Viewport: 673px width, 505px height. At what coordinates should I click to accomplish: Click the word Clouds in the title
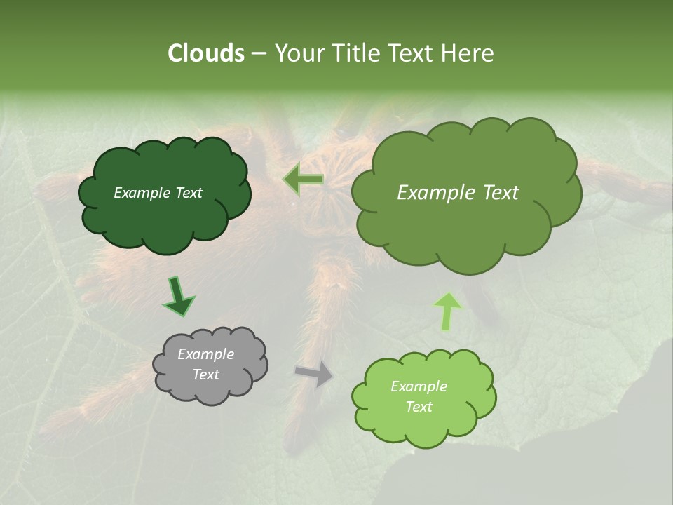point(206,53)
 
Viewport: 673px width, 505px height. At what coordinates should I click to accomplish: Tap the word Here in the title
point(468,53)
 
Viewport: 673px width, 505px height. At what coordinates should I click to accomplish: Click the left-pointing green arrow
point(304,180)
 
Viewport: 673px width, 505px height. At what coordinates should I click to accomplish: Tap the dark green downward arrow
point(179,297)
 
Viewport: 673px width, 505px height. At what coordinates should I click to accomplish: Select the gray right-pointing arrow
point(315,375)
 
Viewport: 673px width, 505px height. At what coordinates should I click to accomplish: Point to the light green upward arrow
point(447,311)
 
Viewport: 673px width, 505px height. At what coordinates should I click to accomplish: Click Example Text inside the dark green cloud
point(158,193)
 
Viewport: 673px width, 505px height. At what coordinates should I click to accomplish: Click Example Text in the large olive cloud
point(458,193)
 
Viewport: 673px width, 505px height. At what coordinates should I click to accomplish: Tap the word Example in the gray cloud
point(205,354)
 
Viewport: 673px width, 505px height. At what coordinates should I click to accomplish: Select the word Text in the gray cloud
point(205,375)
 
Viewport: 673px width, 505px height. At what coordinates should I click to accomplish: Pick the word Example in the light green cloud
point(419,386)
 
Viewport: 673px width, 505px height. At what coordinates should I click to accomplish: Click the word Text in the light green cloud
point(419,407)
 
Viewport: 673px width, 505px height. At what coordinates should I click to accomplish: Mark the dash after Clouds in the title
point(258,54)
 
